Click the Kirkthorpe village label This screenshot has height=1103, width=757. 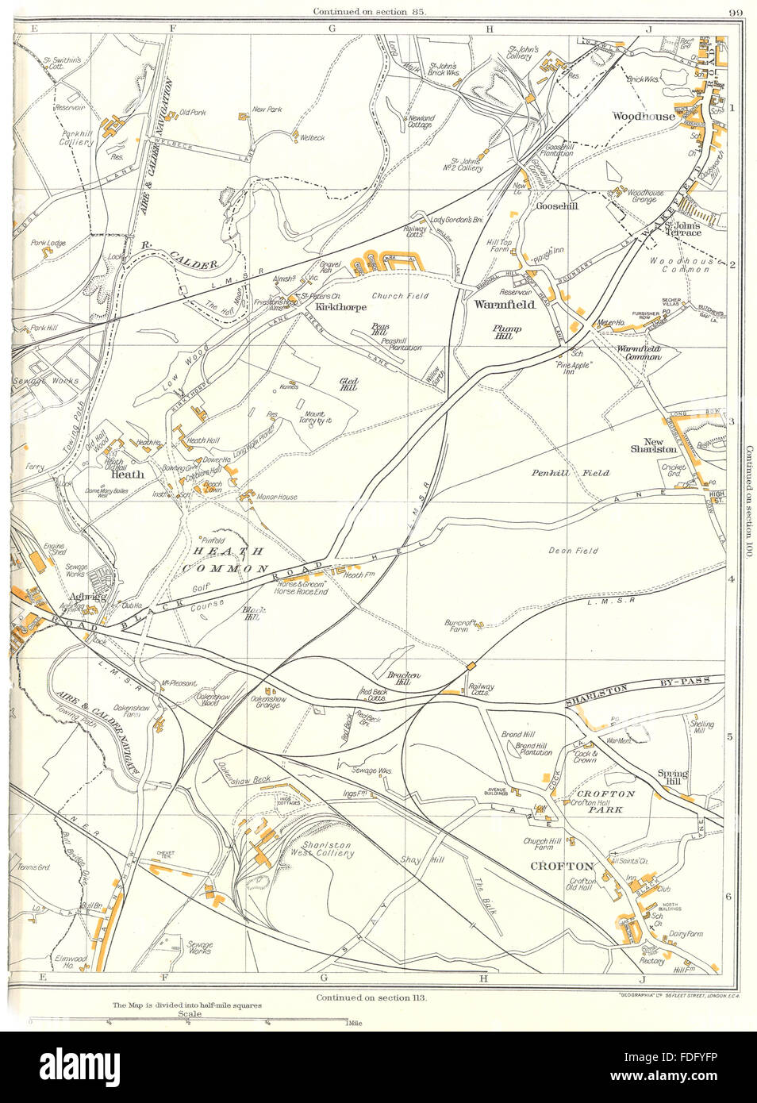click(x=340, y=306)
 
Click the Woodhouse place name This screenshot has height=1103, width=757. click(x=643, y=116)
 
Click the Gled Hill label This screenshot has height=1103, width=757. click(x=349, y=386)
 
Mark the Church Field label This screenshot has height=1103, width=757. click(x=401, y=296)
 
